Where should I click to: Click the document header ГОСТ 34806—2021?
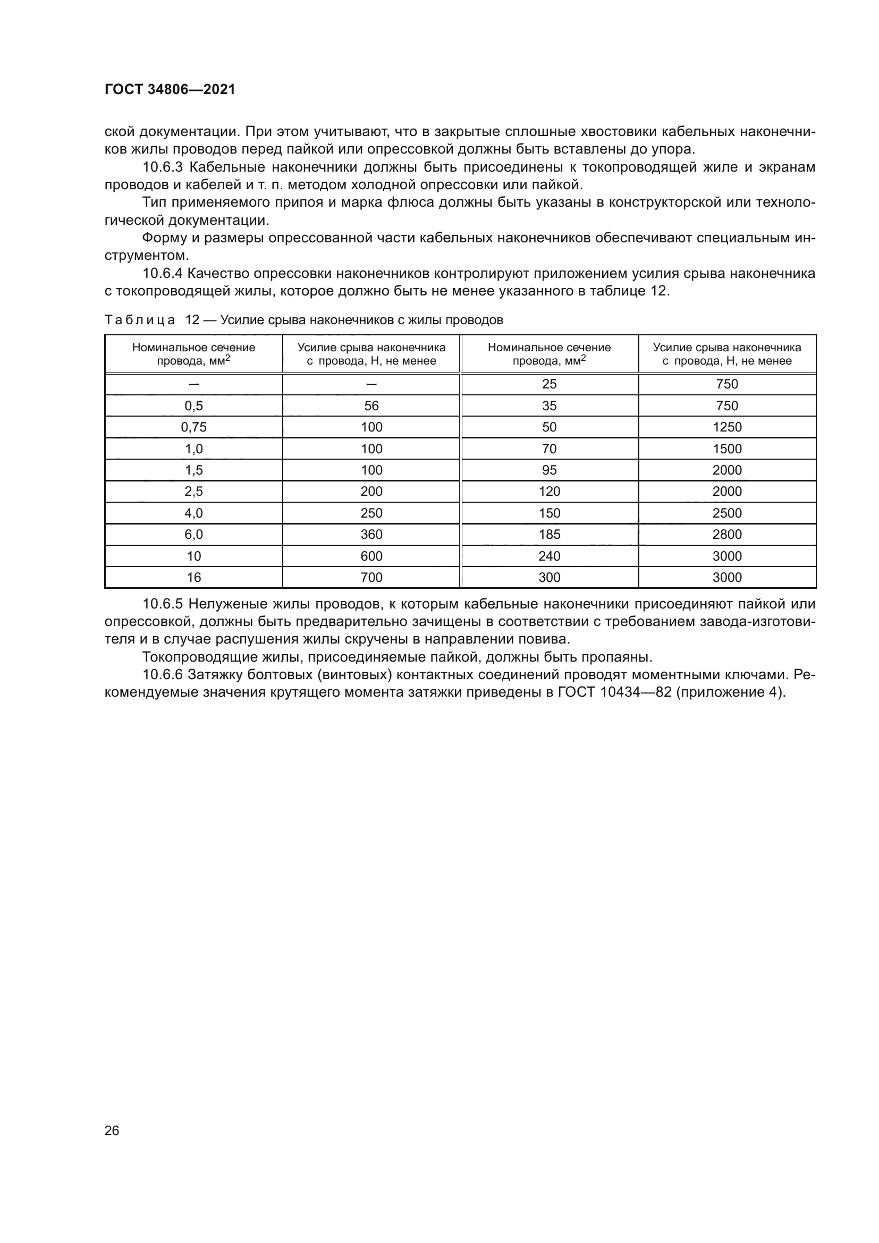click(170, 90)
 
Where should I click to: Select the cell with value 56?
click(371, 405)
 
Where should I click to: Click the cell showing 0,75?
click(194, 427)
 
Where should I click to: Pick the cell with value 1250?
click(727, 427)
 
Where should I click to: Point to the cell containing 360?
click(371, 534)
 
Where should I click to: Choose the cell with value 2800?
click(727, 534)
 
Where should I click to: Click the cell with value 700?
click(371, 578)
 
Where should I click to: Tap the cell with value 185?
click(550, 534)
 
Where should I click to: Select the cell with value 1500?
click(727, 449)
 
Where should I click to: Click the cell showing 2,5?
click(194, 492)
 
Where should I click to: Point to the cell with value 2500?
click(727, 513)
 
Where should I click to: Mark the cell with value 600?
click(371, 556)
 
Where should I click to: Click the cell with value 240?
click(550, 556)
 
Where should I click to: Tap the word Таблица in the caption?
click(140, 320)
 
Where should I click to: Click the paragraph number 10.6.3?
click(164, 167)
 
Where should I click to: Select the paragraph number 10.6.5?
click(164, 604)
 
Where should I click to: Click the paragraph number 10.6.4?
click(164, 274)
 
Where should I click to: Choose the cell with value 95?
click(550, 470)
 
